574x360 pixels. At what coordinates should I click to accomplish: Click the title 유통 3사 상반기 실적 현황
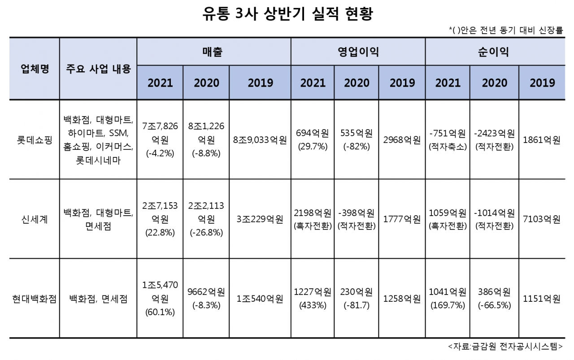click(287, 14)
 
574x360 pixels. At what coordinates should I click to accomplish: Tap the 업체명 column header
click(35, 69)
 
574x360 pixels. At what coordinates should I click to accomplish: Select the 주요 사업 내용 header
click(98, 69)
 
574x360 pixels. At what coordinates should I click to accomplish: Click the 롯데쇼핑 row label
click(35, 140)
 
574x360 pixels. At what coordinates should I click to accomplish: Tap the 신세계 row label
click(35, 219)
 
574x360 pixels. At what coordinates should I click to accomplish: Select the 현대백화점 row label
click(35, 299)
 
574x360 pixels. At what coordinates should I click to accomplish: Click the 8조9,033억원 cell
click(260, 140)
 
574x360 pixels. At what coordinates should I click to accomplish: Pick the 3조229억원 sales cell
click(260, 219)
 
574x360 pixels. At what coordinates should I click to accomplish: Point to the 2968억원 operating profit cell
click(402, 140)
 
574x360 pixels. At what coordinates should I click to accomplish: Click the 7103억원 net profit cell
click(541, 219)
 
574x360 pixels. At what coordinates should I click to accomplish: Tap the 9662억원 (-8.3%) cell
click(206, 299)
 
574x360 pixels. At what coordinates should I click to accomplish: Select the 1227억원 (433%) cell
click(313, 299)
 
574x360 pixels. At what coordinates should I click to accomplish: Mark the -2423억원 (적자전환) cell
click(494, 140)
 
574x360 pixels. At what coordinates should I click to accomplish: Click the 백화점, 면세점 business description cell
click(98, 299)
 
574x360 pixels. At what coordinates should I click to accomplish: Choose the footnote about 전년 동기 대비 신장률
click(505, 30)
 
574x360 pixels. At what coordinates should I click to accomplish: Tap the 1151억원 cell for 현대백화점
click(541, 299)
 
